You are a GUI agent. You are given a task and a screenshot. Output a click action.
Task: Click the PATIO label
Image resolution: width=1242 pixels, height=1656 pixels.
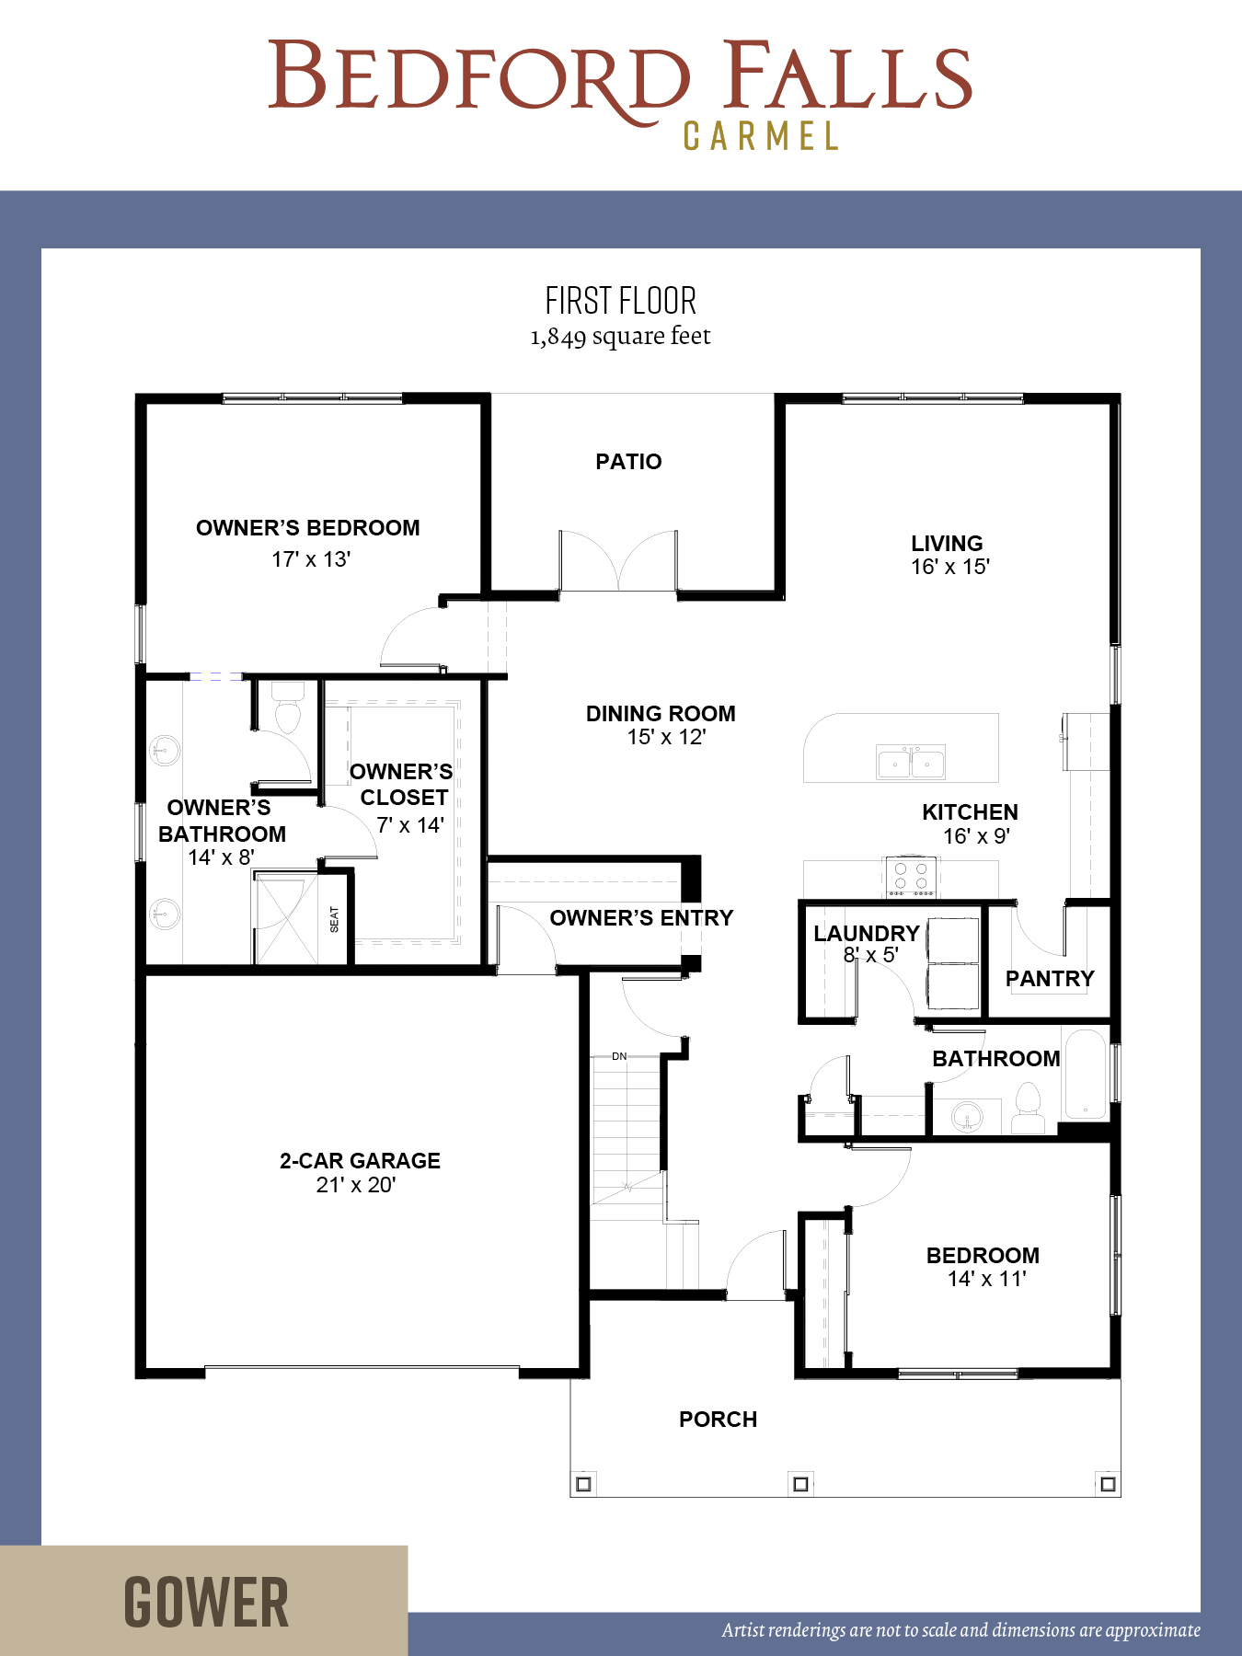pyautogui.click(x=628, y=462)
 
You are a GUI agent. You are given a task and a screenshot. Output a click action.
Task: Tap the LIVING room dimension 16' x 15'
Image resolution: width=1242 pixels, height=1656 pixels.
pyautogui.click(x=950, y=567)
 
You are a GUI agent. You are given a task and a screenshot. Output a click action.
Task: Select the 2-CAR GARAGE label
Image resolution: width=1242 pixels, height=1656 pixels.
pyautogui.click(x=360, y=1161)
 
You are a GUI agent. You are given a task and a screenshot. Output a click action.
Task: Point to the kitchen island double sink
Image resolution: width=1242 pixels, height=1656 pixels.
pyautogui.click(x=910, y=762)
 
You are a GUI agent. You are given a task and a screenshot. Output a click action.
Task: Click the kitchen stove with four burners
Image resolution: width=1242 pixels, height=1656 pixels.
pyautogui.click(x=911, y=877)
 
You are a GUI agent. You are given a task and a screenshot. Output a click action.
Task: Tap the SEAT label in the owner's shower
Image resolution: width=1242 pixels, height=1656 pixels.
pyautogui.click(x=334, y=919)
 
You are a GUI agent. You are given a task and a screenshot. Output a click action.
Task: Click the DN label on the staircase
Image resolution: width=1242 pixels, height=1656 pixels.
pyautogui.click(x=619, y=1056)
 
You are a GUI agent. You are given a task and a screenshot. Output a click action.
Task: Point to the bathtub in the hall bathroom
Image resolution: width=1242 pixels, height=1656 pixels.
pyautogui.click(x=1086, y=1075)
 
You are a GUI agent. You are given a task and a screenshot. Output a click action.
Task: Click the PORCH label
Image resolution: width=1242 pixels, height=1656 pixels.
pyautogui.click(x=718, y=1420)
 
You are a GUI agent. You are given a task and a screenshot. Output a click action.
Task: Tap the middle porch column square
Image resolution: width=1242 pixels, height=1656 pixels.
pyautogui.click(x=800, y=1484)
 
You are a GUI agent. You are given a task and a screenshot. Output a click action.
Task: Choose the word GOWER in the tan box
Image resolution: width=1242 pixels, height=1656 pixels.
pyautogui.click(x=206, y=1603)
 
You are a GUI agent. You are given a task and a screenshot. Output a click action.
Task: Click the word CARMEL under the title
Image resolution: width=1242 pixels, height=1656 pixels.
pyautogui.click(x=761, y=137)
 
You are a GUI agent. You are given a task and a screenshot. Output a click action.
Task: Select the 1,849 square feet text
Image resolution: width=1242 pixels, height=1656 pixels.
pyautogui.click(x=620, y=337)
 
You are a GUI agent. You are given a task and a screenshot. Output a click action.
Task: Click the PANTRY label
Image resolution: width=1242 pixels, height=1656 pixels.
pyautogui.click(x=1050, y=979)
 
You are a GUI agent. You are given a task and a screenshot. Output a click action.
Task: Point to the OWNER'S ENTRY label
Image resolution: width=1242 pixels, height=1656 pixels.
pyautogui.click(x=641, y=918)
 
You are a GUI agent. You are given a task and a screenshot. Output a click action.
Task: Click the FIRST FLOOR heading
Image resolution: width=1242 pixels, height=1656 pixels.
pyautogui.click(x=621, y=301)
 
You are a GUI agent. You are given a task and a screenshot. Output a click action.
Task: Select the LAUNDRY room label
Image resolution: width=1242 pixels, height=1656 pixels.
pyautogui.click(x=867, y=934)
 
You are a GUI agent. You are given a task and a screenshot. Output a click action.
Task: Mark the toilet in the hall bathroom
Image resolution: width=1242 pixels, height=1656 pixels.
pyautogui.click(x=1028, y=1108)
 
